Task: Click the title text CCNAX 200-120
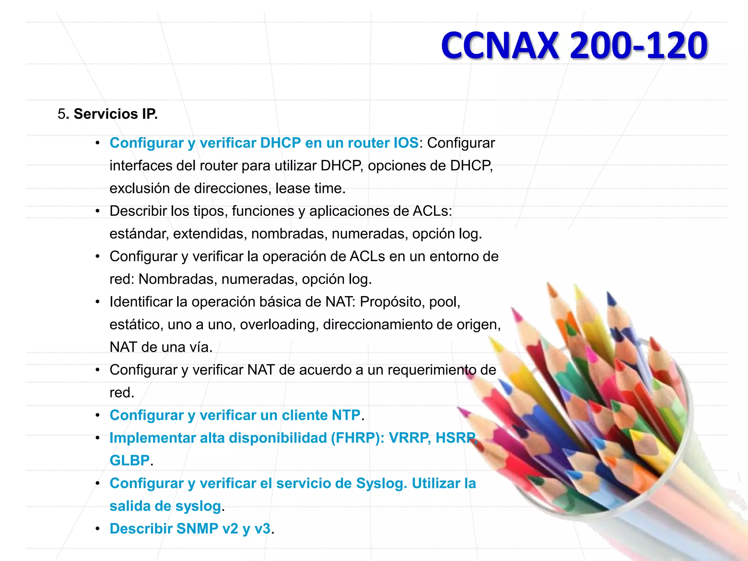[x=574, y=45]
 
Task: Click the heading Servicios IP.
[x=115, y=114]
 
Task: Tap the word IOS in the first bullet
[x=405, y=143]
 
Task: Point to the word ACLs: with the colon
[x=432, y=211]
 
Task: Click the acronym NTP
[x=346, y=415]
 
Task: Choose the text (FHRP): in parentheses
[x=357, y=438]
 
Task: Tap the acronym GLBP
[x=130, y=461]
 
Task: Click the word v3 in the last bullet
[x=262, y=528]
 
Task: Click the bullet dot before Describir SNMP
[x=98, y=528]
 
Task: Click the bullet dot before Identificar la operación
[x=98, y=302]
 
